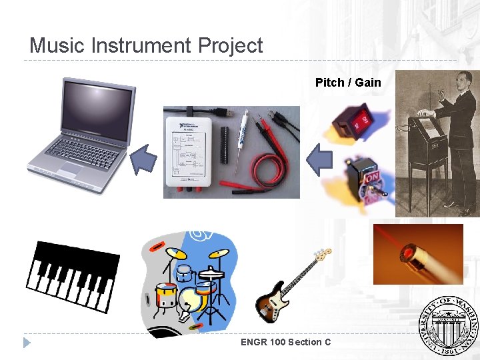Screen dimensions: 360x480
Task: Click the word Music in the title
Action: tap(58, 45)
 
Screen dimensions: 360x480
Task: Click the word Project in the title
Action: tap(230, 46)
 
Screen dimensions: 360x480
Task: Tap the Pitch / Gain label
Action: tap(348, 83)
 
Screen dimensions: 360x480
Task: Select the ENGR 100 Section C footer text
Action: tap(286, 342)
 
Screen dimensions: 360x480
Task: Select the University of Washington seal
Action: tap(449, 324)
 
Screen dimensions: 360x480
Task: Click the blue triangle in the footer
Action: tap(27, 343)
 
